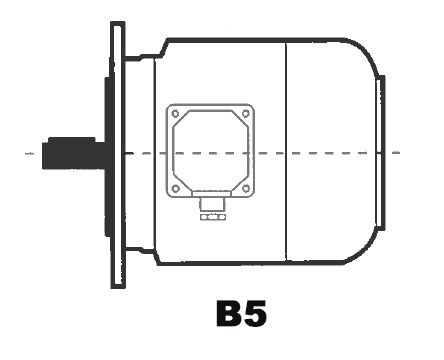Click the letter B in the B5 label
(229, 313)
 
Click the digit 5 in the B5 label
(255, 314)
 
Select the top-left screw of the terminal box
(175, 114)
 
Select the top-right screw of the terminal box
(246, 114)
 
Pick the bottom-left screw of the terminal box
(176, 189)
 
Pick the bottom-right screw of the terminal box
(246, 189)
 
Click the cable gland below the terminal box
(212, 203)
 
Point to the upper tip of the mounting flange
(118, 23)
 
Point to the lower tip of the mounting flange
(118, 287)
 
